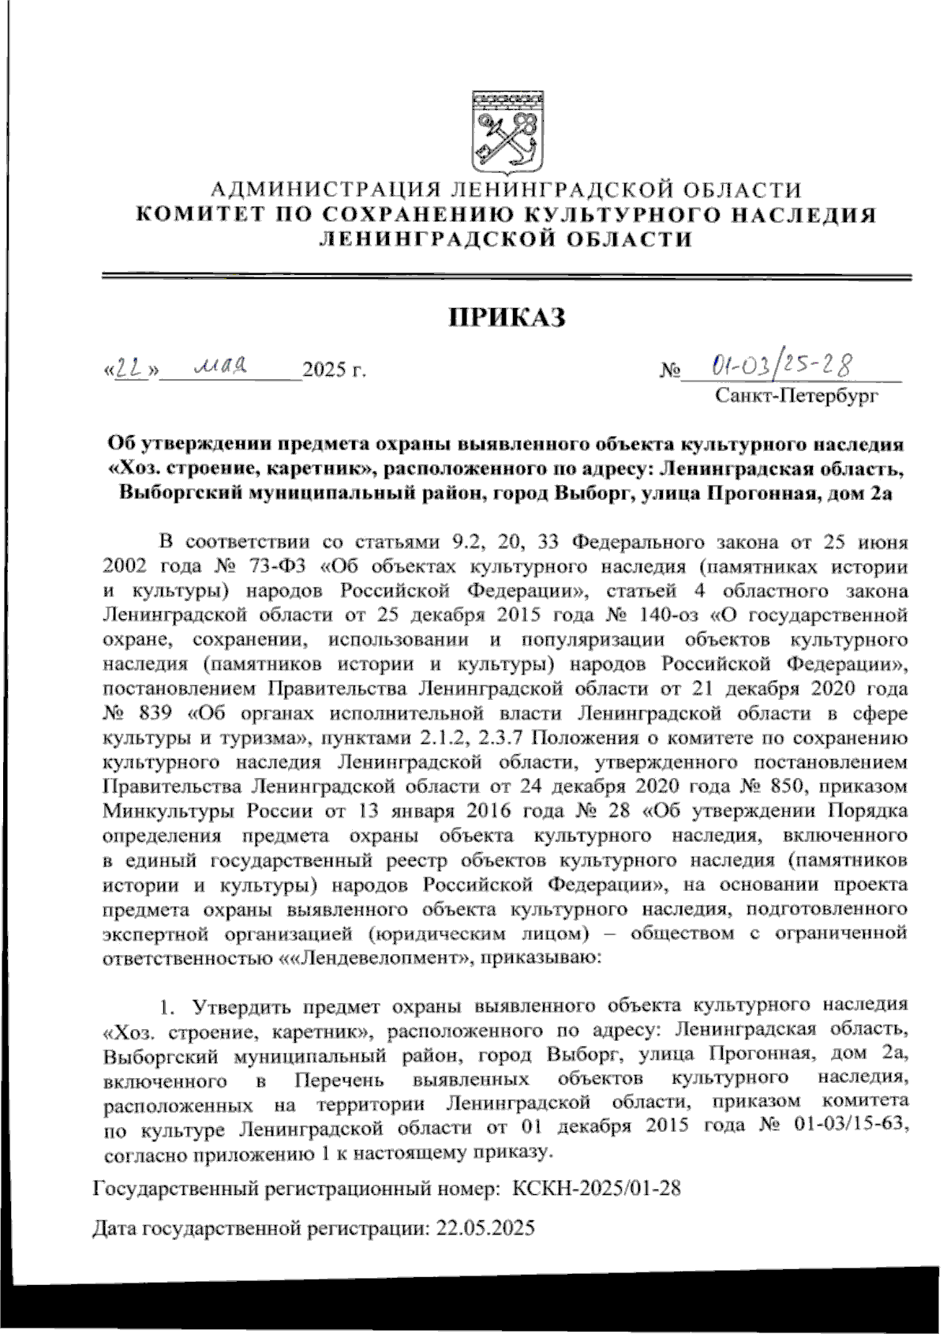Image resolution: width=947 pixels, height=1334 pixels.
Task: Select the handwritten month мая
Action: (222, 366)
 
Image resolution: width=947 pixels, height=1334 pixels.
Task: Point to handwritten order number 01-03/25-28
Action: (781, 366)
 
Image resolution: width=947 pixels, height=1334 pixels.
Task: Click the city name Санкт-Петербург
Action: (795, 395)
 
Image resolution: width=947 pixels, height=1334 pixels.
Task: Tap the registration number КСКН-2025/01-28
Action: (596, 1188)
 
